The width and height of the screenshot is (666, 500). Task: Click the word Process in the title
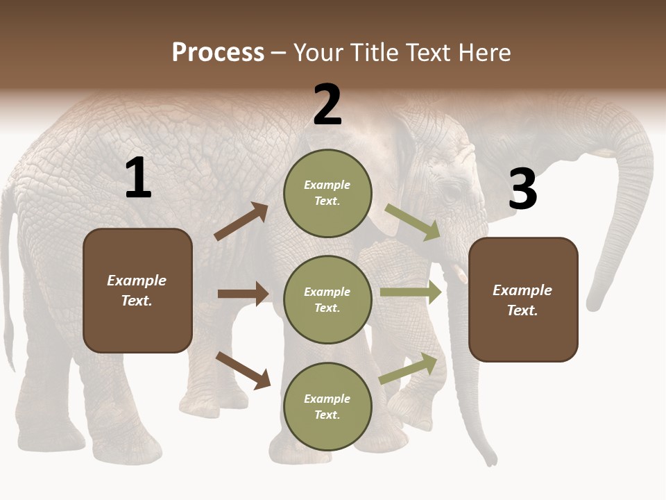[x=218, y=53]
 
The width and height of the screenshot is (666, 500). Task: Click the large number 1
[x=138, y=178]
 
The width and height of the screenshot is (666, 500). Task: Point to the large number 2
[x=327, y=105]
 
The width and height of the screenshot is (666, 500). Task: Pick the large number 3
[x=523, y=189]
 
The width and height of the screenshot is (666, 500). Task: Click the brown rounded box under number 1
[x=137, y=290]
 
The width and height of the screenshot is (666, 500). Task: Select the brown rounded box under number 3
[x=523, y=299]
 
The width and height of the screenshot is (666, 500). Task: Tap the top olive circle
[x=327, y=193]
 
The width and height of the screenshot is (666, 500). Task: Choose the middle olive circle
[x=327, y=299]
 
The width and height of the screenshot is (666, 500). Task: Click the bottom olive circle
[x=327, y=406]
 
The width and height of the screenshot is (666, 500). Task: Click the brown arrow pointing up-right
[x=241, y=222]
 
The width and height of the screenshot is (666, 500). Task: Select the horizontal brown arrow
[x=243, y=294]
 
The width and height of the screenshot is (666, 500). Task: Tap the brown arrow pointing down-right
[x=244, y=370]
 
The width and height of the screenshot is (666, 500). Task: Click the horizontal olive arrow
[x=411, y=292]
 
